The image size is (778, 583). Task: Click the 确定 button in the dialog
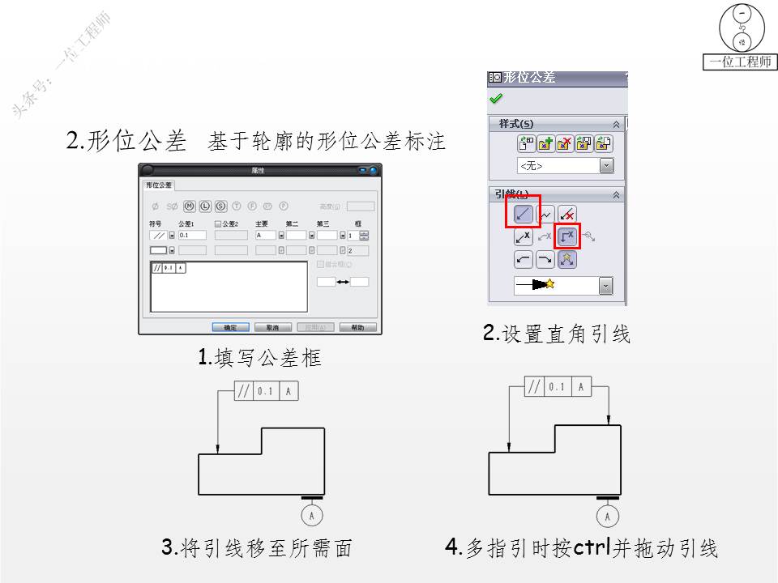coord(230,328)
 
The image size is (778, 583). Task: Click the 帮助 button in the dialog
coord(357,328)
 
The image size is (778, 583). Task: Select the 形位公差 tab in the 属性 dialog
coord(158,185)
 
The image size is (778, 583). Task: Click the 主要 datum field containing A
coord(265,235)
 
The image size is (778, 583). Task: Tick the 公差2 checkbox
coord(218,223)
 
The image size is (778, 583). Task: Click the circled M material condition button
coord(190,206)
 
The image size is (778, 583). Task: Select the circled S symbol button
coord(220,206)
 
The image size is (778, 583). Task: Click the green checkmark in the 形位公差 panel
coord(496,99)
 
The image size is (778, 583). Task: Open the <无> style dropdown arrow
coord(606,165)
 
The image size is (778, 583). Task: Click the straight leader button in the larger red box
coord(522,215)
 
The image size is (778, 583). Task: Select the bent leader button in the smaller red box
coord(567,237)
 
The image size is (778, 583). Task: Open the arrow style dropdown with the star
coord(606,285)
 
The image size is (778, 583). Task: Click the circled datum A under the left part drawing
coord(313,515)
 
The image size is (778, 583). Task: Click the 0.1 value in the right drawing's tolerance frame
coord(556,387)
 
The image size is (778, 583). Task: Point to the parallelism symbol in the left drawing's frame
coord(244,392)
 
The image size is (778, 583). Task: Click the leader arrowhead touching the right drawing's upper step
coord(608,419)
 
